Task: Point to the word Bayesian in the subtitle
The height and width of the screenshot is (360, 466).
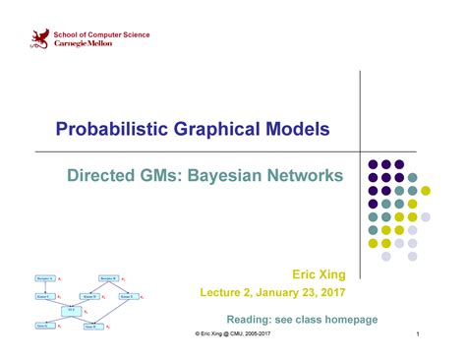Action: click(x=220, y=176)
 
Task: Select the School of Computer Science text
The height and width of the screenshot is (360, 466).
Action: click(x=101, y=34)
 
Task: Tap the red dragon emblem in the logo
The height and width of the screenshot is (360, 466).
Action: click(x=39, y=39)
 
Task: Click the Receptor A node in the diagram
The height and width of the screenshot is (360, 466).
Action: click(x=44, y=279)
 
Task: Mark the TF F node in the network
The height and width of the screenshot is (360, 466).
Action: click(x=71, y=309)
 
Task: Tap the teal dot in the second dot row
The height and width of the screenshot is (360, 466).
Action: click(x=413, y=177)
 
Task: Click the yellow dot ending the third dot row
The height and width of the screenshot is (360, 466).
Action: click(x=413, y=191)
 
